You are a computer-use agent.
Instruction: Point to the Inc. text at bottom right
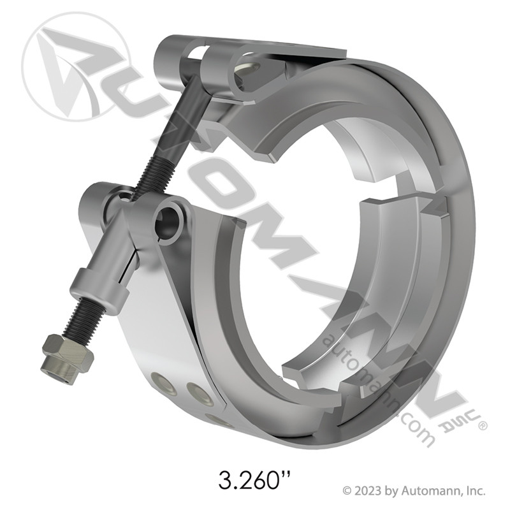pos(474,491)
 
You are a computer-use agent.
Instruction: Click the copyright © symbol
pos(348,491)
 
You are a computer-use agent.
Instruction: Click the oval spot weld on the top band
pos(245,64)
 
